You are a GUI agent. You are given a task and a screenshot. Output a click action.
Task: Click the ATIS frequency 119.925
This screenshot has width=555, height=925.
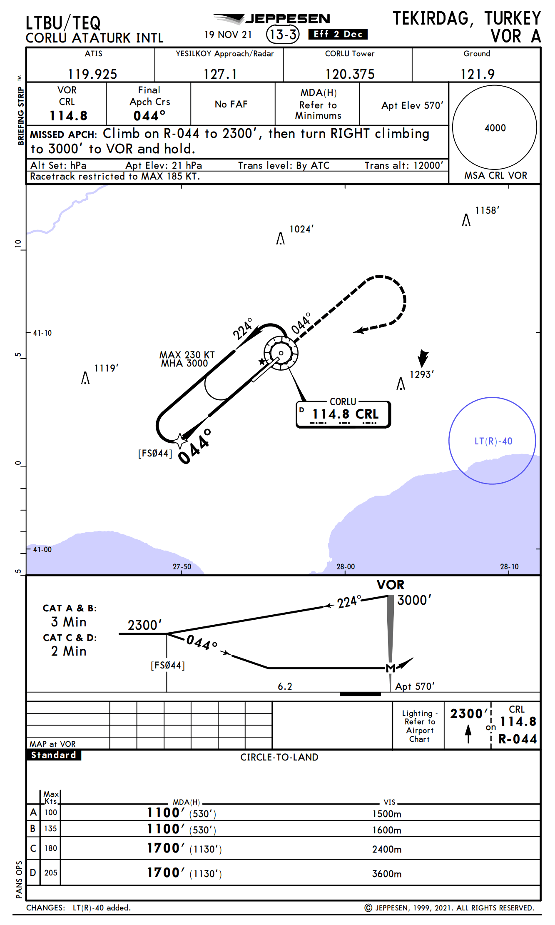92,74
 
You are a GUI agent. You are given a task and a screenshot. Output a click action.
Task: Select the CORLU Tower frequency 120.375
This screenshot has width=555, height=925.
350,74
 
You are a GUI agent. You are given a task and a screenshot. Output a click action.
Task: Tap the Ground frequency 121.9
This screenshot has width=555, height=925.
477,74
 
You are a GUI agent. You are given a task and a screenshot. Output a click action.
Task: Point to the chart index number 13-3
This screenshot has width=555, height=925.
283,34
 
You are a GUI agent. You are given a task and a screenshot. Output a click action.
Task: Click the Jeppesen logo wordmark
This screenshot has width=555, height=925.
287,19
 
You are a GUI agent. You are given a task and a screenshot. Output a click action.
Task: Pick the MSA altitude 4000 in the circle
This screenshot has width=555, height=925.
495,128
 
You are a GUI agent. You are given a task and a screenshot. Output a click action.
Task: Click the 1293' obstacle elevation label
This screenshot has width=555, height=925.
421,374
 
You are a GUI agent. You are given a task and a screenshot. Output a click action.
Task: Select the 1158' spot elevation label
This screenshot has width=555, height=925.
487,210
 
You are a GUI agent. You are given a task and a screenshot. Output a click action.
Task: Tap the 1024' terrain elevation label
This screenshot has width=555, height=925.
301,229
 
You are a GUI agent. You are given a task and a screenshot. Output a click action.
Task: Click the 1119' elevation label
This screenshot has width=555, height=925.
106,368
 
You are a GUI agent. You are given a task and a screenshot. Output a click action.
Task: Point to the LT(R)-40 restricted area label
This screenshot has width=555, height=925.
493,441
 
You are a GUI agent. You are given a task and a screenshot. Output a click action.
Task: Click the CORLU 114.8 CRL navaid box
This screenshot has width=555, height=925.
343,414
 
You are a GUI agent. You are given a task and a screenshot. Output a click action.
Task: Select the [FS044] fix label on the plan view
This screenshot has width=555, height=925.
155,453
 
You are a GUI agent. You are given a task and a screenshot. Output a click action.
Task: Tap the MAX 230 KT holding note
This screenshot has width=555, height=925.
187,355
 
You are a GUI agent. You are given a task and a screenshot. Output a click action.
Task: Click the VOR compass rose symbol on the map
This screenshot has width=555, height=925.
281,353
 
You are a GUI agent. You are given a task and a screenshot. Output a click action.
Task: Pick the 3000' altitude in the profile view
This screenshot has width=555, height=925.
414,600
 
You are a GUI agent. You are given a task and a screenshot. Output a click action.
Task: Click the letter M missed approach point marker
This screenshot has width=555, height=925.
390,668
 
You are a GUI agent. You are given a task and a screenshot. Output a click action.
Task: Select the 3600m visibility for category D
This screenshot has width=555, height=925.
386,874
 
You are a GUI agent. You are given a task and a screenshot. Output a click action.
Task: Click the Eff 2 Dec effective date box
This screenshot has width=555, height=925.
338,34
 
